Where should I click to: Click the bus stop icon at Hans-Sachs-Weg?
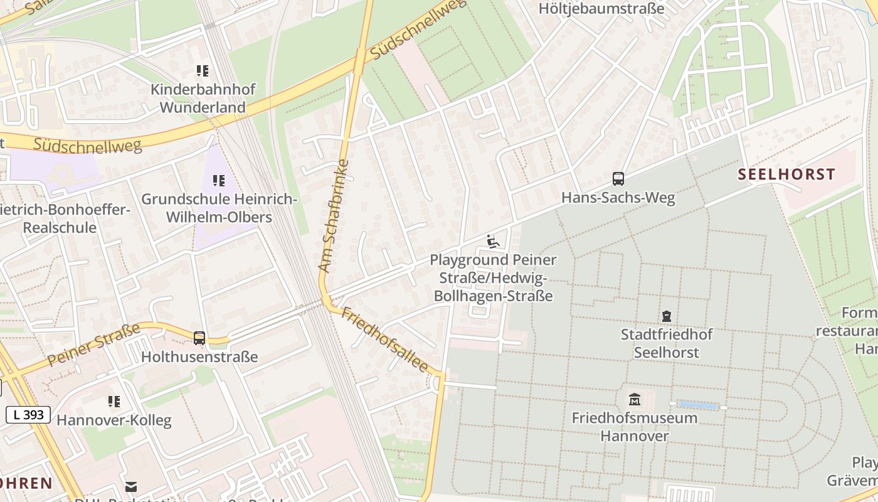tap(618, 179)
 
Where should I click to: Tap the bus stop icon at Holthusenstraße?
tap(199, 338)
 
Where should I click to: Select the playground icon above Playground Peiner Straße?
tap(493, 242)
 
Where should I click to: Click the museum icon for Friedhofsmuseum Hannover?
tap(635, 399)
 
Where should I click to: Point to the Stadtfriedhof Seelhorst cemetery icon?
tap(666, 316)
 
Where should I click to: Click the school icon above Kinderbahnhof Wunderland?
tap(202, 71)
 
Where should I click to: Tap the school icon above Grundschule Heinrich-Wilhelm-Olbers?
tap(218, 181)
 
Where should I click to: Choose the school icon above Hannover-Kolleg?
tap(114, 402)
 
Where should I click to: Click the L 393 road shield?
tap(28, 415)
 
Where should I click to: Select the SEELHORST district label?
tap(786, 174)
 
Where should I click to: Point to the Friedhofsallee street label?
tap(384, 339)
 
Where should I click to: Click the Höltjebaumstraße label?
tap(601, 9)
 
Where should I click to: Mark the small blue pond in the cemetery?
tap(697, 406)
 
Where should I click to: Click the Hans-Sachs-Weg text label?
tap(618, 198)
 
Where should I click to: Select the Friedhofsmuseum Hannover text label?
tap(635, 427)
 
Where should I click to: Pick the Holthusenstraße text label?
tap(199, 357)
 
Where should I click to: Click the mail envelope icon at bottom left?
tap(131, 486)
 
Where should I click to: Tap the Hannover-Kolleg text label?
tap(114, 420)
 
